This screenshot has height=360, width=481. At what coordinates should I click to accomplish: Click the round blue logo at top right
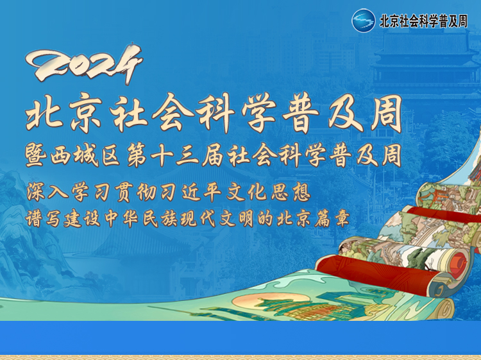(364, 21)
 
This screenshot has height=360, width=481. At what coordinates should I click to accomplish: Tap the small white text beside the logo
(424, 21)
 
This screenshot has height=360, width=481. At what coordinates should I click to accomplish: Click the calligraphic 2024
(84, 64)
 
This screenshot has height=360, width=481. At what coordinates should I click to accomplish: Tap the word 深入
(47, 192)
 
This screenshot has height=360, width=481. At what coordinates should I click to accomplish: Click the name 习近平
(191, 192)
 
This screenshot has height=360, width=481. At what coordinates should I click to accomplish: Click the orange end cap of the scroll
(458, 264)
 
